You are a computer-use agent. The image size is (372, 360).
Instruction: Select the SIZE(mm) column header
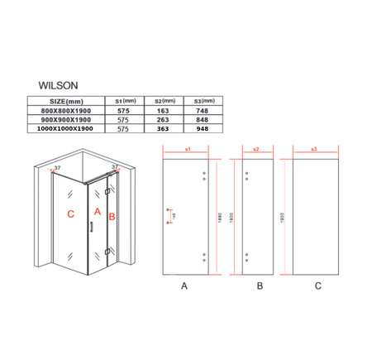(71, 99)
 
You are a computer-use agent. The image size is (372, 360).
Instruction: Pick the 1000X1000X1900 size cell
(71, 129)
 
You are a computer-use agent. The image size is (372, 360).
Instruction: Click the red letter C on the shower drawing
(73, 213)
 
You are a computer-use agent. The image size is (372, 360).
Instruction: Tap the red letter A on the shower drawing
(97, 212)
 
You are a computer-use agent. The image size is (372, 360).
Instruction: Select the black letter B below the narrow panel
(259, 287)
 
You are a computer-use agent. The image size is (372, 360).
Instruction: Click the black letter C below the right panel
(317, 287)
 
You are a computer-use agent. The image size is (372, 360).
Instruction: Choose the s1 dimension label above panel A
(188, 149)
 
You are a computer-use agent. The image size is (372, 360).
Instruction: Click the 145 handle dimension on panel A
(174, 216)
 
